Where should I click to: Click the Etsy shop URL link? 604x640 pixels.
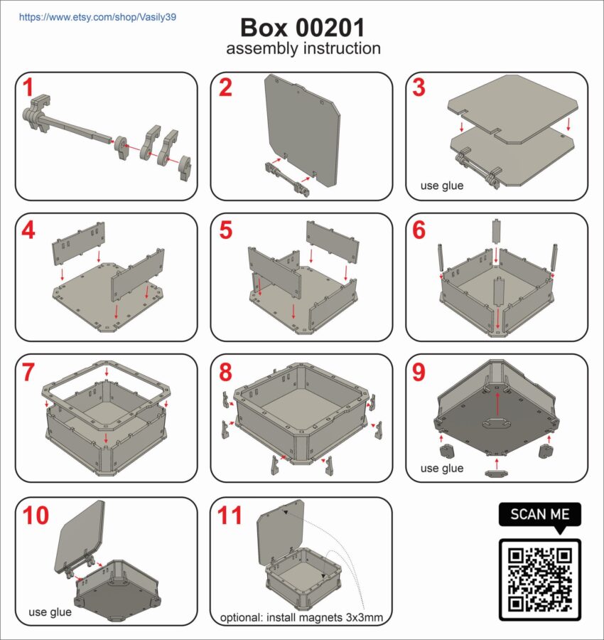pos(97,17)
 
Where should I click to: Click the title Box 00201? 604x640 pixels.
pos(302,28)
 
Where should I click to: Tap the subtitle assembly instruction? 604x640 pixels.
pos(303,48)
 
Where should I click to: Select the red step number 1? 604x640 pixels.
pos(28,87)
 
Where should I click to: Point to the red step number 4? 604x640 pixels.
pos(28,230)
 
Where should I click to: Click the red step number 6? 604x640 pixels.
pos(419,230)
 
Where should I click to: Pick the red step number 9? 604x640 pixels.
pos(419,372)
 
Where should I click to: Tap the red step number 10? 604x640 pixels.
pos(36,516)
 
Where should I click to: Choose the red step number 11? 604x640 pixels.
pos(230,516)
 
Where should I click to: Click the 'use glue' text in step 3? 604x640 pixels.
pos(442,186)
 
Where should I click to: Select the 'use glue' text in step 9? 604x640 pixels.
pos(442,468)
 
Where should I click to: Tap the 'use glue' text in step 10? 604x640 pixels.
pos(50,612)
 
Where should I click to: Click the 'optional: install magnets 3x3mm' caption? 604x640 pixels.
pos(301,617)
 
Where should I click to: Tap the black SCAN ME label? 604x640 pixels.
pos(540,514)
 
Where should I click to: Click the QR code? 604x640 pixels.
pos(540,580)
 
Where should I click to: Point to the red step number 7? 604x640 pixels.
pos(28,372)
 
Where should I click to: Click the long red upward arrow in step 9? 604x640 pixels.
pos(497,405)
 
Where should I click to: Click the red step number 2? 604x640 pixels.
pos(225,87)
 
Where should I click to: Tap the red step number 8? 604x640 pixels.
pos(225,372)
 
